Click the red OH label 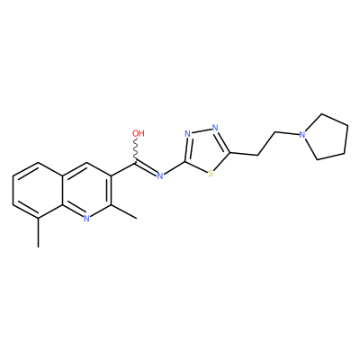coord(139,133)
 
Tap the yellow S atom coord(211,174)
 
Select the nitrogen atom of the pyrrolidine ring coord(302,135)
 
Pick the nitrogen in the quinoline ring coord(86,219)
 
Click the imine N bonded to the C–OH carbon coord(160,175)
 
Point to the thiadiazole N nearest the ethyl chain coord(215,128)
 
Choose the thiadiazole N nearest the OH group coord(188,134)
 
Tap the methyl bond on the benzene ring coord(38,233)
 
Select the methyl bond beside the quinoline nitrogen coord(124,211)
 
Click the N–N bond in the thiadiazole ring coord(202,130)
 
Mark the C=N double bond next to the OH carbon coord(147,168)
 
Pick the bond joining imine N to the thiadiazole coord(175,168)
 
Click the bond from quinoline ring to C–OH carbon coord(123,168)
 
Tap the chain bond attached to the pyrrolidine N coord(287,133)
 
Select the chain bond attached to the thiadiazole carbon coord(244,154)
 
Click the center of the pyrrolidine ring coord(328,138)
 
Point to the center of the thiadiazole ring coord(205,149)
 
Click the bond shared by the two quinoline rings coord(63,190)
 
